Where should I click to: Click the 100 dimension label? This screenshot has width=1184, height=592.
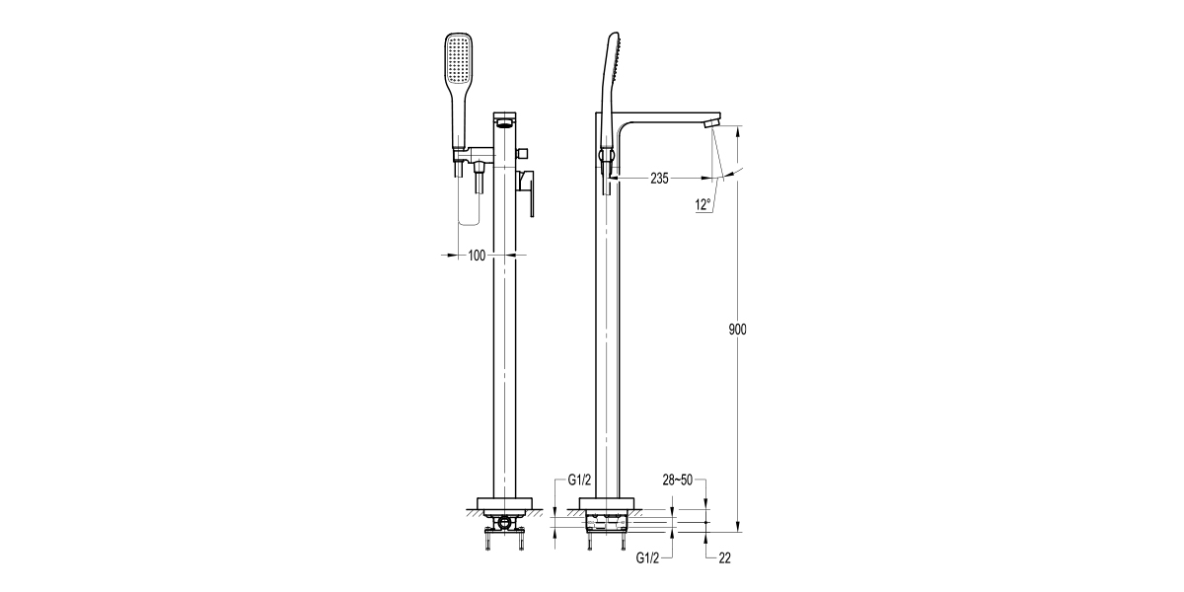(477, 256)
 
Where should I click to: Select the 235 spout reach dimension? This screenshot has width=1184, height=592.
(659, 179)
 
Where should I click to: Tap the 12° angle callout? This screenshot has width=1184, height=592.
(703, 205)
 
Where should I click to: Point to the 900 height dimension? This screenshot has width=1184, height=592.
(737, 330)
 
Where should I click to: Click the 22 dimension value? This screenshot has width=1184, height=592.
(725, 558)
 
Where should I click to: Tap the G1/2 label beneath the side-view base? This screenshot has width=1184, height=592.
(648, 558)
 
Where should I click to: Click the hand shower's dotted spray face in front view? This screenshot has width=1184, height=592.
(460, 58)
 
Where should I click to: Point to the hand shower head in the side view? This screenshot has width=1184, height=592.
(609, 79)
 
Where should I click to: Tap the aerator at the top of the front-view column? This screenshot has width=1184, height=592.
(504, 122)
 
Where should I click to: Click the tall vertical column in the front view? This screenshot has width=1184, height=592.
(504, 345)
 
